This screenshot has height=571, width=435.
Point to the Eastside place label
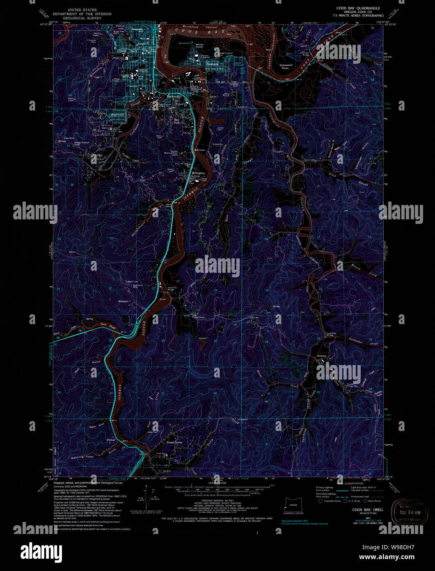213,64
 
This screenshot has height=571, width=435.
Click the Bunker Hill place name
174,97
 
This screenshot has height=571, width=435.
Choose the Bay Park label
176,121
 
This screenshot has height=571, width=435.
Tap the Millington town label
198,173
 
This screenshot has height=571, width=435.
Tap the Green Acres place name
174,442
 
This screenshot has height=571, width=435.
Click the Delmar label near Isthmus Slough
110,440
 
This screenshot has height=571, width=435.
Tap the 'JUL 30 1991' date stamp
406,513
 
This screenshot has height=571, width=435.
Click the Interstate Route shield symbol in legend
320,501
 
